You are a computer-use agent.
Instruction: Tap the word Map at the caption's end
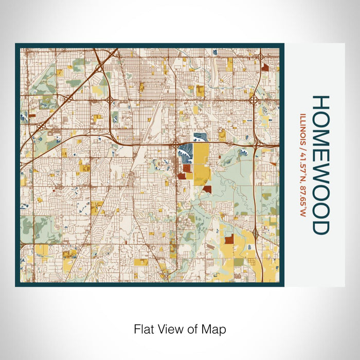pos(215,329)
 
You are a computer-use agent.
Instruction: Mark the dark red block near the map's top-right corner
pos(265,67)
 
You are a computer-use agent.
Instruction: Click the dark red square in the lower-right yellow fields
pos(228,239)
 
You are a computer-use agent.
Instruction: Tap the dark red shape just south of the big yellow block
pos(207,189)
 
